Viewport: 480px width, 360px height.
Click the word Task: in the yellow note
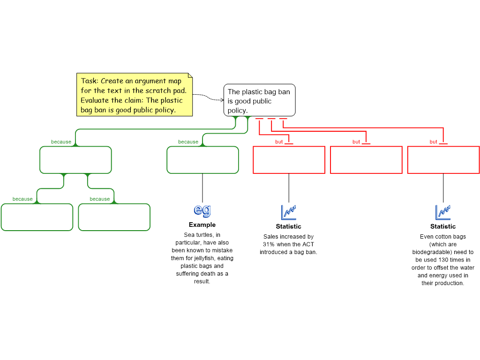(90, 81)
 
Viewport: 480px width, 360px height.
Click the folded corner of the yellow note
(190, 75)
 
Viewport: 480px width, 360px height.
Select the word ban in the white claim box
(284, 92)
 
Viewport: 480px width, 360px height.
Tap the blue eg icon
(202, 210)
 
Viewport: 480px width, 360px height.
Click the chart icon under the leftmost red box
(289, 212)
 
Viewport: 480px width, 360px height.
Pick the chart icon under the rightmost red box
(443, 212)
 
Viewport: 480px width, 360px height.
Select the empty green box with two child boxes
(75, 160)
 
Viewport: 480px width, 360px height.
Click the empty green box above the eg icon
(202, 160)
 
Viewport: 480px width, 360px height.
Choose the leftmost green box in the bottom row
(37, 217)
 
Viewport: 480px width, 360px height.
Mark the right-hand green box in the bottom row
(114, 217)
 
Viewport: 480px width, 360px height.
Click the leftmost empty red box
(289, 160)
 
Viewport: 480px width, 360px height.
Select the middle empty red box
(366, 160)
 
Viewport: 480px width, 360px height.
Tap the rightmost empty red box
(443, 160)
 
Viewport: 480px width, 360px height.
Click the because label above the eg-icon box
(188, 142)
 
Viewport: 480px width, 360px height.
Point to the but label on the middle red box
(356, 142)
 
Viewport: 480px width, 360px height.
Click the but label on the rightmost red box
(434, 142)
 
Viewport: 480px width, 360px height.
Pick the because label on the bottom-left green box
(22, 199)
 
